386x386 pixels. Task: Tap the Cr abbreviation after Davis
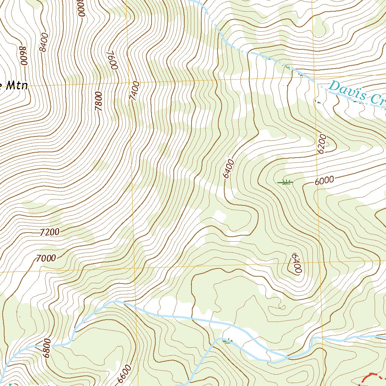click(378, 100)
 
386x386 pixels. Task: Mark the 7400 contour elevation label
click(135, 91)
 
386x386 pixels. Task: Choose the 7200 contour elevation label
click(49, 232)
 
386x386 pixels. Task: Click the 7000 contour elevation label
click(46, 258)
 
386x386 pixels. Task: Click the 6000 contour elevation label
click(324, 181)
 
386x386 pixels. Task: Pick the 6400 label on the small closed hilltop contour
click(296, 263)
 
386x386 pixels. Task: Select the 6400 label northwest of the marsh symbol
click(228, 168)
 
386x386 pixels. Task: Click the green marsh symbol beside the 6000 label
click(285, 182)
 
